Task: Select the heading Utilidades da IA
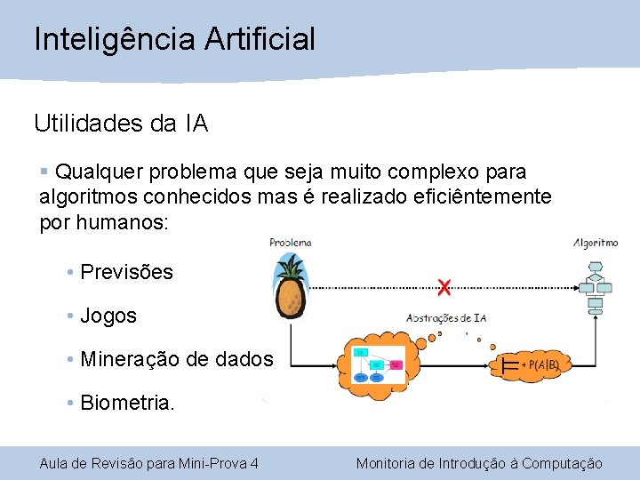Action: [121, 124]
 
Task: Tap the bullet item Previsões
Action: [126, 272]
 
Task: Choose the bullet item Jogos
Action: [108, 316]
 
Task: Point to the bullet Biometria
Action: [127, 404]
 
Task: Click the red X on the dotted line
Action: [444, 286]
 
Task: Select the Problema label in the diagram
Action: [291, 242]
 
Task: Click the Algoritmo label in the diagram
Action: [596, 242]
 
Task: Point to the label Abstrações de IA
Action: [446, 317]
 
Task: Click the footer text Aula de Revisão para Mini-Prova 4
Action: [149, 463]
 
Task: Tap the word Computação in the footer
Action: [562, 463]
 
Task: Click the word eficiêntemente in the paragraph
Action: [483, 196]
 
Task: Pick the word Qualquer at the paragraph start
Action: [95, 171]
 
